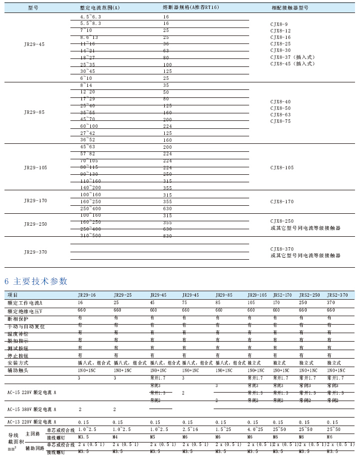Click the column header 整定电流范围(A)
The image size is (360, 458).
click(100, 8)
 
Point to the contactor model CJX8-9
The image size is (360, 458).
click(279, 24)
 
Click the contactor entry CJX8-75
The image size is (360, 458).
click(280, 121)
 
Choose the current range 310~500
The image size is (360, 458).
click(90, 235)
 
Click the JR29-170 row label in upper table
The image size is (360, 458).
click(35, 200)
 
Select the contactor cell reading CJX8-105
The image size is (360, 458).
click(282, 168)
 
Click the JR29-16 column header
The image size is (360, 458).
click(87, 295)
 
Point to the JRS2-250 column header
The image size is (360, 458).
click(309, 295)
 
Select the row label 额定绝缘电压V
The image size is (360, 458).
click(25, 310)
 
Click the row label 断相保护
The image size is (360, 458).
click(18, 318)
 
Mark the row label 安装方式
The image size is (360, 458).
click(18, 363)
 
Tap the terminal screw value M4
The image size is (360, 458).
click(115, 437)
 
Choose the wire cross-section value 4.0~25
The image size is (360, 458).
click(255, 429)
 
